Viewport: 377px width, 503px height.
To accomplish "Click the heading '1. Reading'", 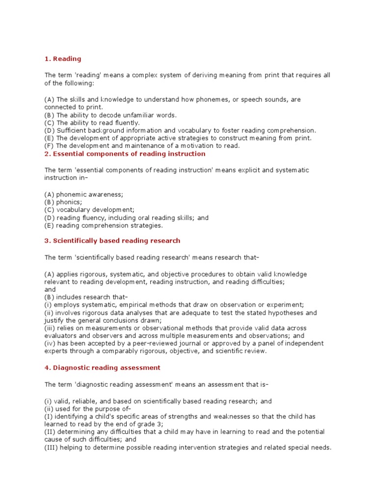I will tap(63, 59).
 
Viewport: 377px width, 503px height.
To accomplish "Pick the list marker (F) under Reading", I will tap(49, 146).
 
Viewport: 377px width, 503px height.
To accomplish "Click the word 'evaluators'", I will tap(61, 336).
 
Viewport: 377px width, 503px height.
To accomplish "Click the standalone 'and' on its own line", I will tap(51, 289).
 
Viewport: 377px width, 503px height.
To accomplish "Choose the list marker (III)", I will tap(51, 447).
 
